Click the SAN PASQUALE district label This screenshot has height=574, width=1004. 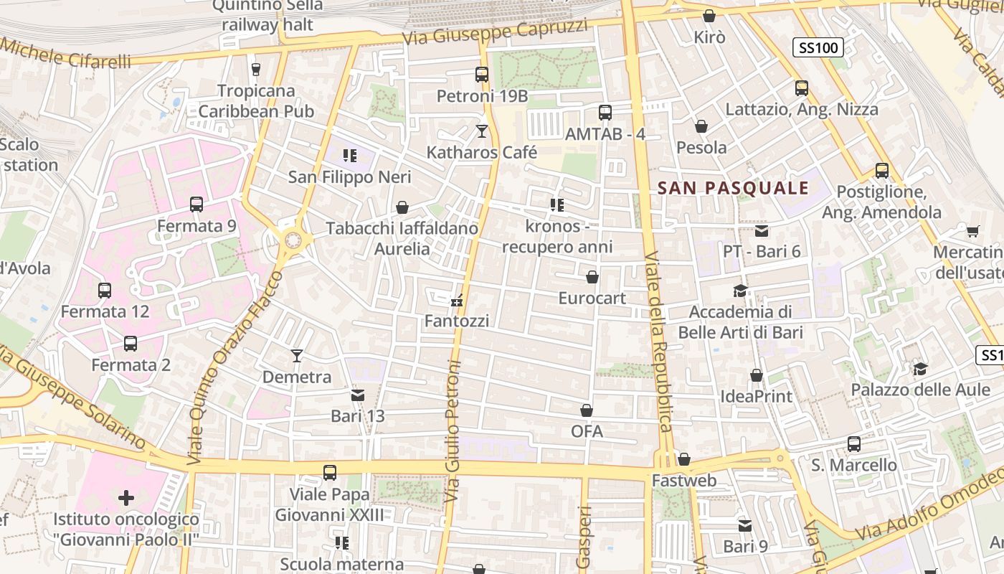pyautogui.click(x=733, y=189)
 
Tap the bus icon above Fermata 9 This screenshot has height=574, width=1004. pyautogui.click(x=196, y=204)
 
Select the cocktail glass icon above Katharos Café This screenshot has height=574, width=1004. pyautogui.click(x=482, y=131)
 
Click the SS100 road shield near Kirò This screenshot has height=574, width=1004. pyautogui.click(x=818, y=48)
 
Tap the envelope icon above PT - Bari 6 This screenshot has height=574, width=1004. pyautogui.click(x=761, y=231)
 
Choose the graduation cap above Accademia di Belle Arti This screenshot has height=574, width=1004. pyautogui.click(x=740, y=291)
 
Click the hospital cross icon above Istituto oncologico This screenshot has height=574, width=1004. pyautogui.click(x=126, y=497)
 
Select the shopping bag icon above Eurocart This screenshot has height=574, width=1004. pyautogui.click(x=592, y=277)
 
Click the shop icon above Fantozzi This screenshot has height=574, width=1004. pyautogui.click(x=456, y=301)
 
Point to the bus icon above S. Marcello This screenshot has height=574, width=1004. pyautogui.click(x=853, y=444)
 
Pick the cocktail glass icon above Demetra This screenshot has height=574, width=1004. pyautogui.click(x=297, y=355)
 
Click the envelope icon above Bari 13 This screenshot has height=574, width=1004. pyautogui.click(x=358, y=395)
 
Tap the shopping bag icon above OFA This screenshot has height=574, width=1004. pyautogui.click(x=587, y=410)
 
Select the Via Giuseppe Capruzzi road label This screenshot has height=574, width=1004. pyautogui.click(x=495, y=32)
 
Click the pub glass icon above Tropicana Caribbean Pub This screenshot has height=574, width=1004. pyautogui.click(x=255, y=70)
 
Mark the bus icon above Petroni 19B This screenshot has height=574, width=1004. pyautogui.click(x=482, y=75)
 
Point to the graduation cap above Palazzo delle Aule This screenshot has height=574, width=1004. pyautogui.click(x=920, y=369)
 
